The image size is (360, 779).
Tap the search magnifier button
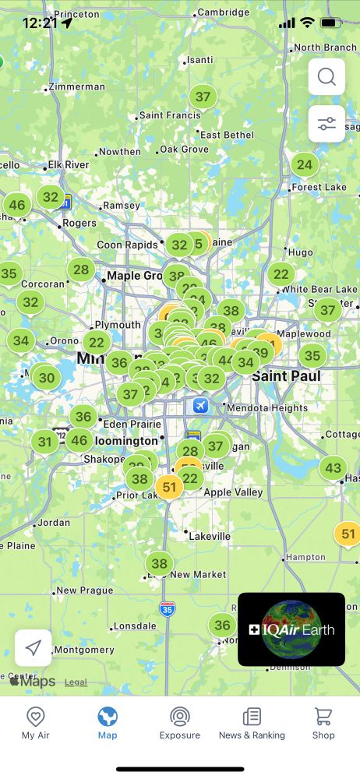click(326, 77)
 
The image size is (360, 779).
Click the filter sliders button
click(326, 124)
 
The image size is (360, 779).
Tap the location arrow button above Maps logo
click(34, 648)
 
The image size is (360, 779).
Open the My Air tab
click(35, 723)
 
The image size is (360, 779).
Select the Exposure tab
click(180, 723)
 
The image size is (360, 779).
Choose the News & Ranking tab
click(252, 723)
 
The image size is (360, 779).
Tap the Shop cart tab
click(323, 723)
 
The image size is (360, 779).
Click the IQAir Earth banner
click(291, 629)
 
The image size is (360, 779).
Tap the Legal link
click(76, 682)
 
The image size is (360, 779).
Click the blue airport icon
click(201, 406)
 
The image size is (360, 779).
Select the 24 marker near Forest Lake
click(305, 164)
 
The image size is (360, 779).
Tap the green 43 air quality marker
click(333, 467)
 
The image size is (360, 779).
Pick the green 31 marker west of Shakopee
click(45, 442)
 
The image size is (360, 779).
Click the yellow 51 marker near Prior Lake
click(168, 487)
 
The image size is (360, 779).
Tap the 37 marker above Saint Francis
click(203, 97)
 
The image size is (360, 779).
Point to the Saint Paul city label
click(285, 377)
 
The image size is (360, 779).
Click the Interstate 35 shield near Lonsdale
click(167, 608)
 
